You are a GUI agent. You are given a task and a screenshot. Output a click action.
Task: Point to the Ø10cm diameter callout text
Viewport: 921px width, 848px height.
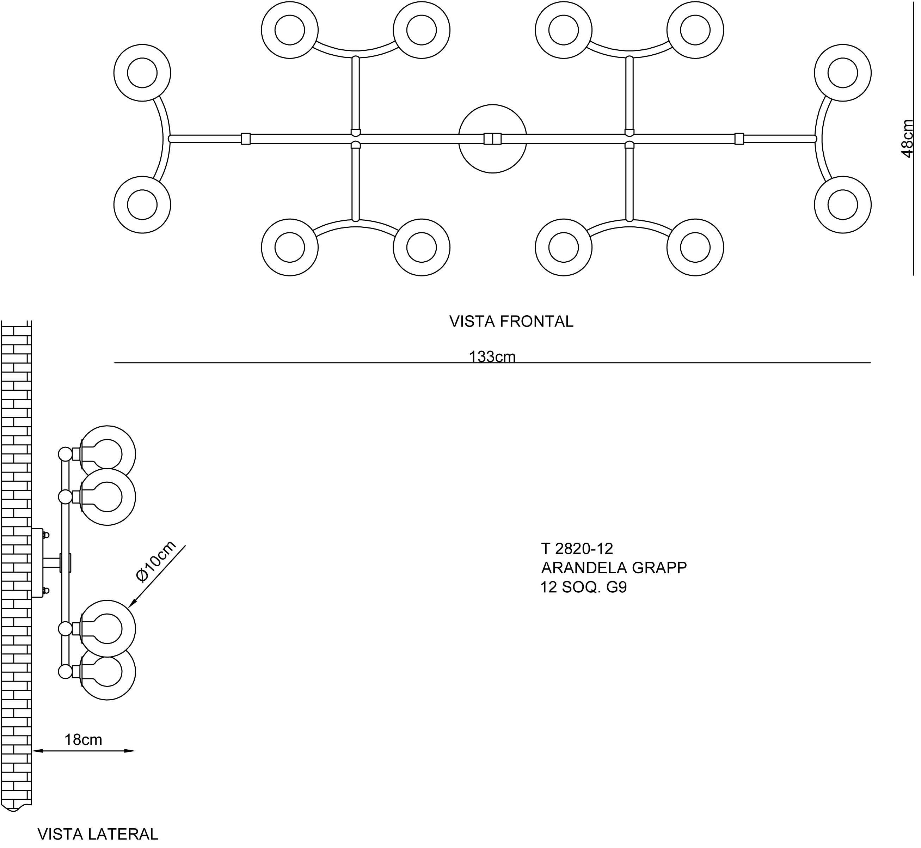(x=156, y=561)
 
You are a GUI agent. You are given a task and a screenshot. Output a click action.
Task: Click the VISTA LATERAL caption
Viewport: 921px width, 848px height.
(x=98, y=834)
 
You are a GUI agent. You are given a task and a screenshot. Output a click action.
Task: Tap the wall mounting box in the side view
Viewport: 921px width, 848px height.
(x=37, y=563)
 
